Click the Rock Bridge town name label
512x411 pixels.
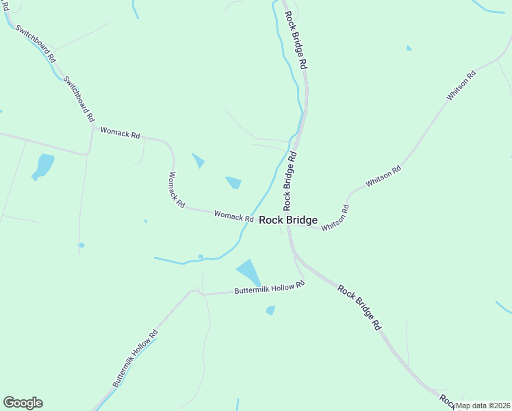pyautogui.click(x=288, y=220)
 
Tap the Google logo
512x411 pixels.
pyautogui.click(x=23, y=403)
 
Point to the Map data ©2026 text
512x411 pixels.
pyautogui.click(x=483, y=405)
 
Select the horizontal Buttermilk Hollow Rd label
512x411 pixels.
pyautogui.click(x=269, y=288)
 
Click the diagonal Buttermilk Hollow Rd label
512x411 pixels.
pyautogui.click(x=135, y=359)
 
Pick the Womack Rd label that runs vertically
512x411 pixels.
pyautogui.click(x=176, y=190)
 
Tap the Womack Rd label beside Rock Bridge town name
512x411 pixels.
pyautogui.click(x=233, y=216)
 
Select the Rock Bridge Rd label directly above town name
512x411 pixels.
pyautogui.click(x=290, y=181)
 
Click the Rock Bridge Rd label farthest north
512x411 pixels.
pyautogui.click(x=296, y=39)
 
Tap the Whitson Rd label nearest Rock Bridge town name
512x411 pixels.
pyautogui.click(x=335, y=217)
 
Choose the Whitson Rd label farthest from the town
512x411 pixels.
pyautogui.click(x=461, y=86)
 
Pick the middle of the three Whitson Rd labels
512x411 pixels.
pyautogui.click(x=383, y=177)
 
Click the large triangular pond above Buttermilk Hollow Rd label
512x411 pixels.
pyautogui.click(x=249, y=271)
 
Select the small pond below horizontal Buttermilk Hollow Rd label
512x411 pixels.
pyautogui.click(x=270, y=310)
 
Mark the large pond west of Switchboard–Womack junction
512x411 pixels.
pyautogui.click(x=43, y=166)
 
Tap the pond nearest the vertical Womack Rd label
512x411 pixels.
pyautogui.click(x=198, y=160)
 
